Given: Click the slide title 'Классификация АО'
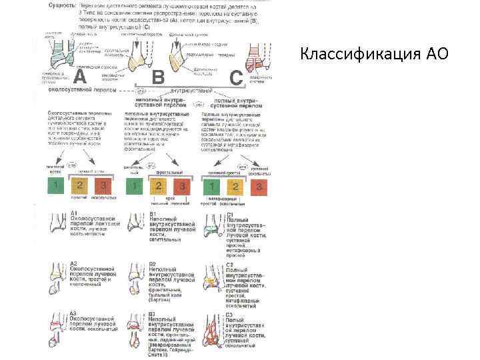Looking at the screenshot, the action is point(374,54).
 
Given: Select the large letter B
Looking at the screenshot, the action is point(157,77).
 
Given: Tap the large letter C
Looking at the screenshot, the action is point(236,77).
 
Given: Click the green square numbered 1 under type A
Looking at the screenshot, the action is point(58,186).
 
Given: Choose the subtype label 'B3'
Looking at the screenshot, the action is point(153,313).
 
